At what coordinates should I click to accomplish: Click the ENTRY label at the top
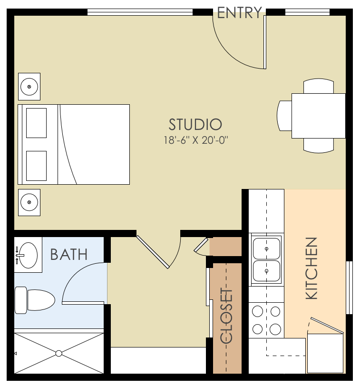click(239, 12)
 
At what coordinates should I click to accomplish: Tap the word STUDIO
click(195, 125)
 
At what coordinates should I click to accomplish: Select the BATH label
click(69, 255)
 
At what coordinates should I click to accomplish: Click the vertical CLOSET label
click(227, 316)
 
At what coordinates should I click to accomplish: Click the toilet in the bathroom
click(34, 300)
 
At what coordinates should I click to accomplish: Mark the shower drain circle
click(59, 353)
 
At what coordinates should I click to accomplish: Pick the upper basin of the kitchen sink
click(266, 248)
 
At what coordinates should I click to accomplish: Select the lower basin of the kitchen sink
click(266, 271)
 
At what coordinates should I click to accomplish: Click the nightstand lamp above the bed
click(29, 87)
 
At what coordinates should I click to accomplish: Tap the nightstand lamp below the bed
click(29, 202)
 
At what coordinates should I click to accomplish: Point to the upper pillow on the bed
click(36, 123)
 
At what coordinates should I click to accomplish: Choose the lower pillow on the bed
click(36, 166)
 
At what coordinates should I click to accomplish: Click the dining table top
click(318, 115)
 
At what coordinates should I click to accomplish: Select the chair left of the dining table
click(284, 115)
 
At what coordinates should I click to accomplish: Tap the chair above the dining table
click(318, 86)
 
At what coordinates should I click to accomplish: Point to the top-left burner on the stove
click(258, 311)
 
